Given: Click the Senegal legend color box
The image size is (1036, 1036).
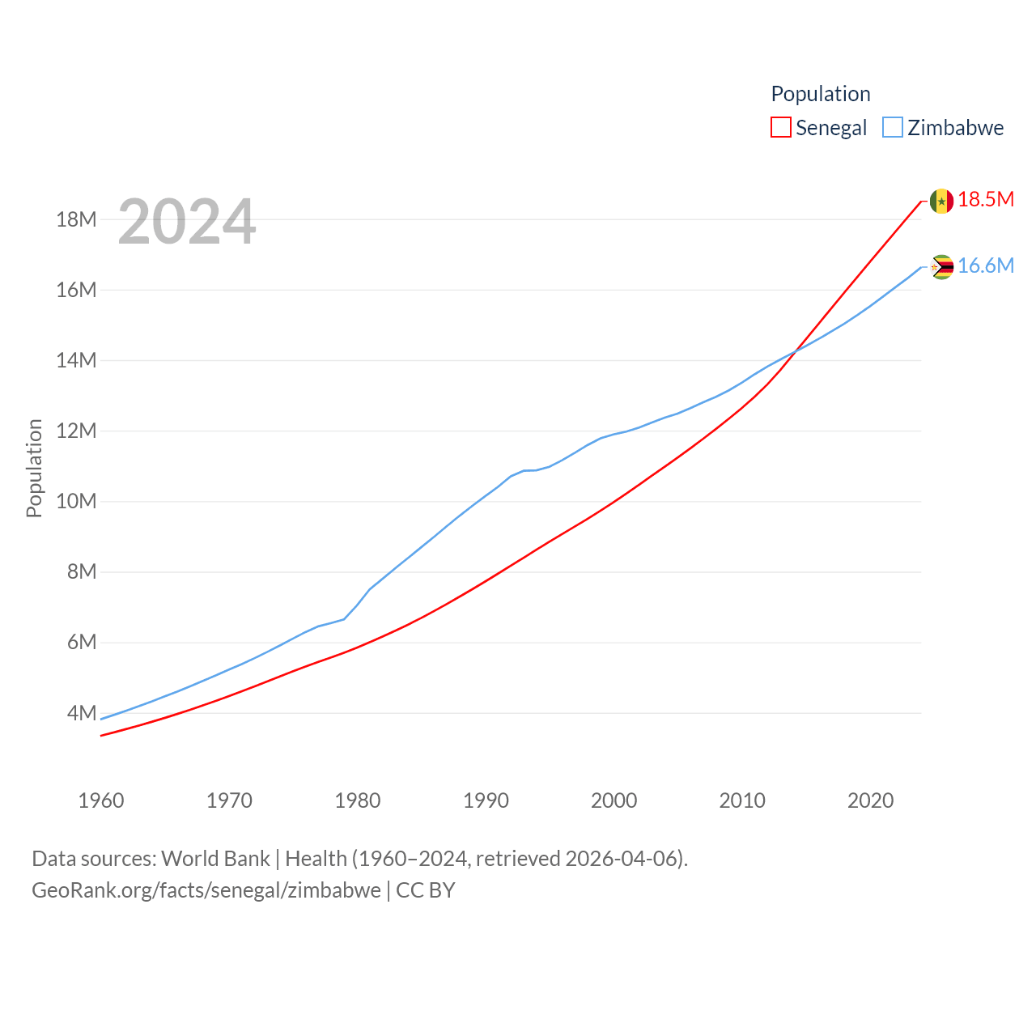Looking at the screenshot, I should point(780,128).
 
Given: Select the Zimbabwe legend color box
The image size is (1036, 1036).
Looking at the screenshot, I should point(892,128).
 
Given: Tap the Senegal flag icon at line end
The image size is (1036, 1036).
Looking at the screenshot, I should point(941,201).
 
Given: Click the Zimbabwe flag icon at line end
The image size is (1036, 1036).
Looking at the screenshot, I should point(941,266).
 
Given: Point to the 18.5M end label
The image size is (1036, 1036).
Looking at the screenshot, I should point(986,199).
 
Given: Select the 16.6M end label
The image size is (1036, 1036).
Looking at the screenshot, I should point(986,265).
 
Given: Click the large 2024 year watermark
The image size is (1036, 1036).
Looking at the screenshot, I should point(187,221).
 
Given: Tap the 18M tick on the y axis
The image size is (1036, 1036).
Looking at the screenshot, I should point(76,219).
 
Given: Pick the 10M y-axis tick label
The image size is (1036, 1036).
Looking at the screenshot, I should point(76,501).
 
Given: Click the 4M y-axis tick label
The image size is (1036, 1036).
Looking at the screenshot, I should point(82,713).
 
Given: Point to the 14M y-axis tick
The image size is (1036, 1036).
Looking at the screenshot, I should point(76,360).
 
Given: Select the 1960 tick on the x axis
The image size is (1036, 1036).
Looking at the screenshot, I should point(101,800).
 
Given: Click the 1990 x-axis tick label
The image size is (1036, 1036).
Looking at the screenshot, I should point(486,800).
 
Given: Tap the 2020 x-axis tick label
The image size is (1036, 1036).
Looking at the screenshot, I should point(870,800).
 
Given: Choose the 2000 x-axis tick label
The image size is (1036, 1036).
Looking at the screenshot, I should point(614,800).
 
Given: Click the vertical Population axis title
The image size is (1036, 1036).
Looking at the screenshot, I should point(34,468).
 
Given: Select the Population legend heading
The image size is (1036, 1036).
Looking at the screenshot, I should point(821,94).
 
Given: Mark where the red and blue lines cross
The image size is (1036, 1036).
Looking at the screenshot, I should point(796,350).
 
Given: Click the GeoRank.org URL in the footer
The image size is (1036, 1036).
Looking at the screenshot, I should point(206,890).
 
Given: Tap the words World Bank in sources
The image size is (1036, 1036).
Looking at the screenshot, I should point(215,858).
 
